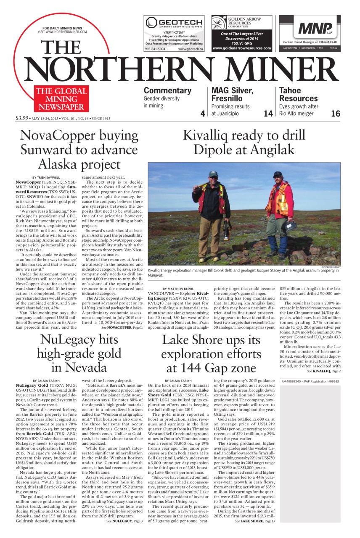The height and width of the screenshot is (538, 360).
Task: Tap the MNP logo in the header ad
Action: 315,28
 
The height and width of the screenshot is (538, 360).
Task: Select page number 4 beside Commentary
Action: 202,113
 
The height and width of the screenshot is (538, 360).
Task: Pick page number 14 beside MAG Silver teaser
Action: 268,113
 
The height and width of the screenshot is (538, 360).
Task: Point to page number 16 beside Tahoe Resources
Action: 335,113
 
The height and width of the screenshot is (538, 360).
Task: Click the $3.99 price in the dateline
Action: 22,118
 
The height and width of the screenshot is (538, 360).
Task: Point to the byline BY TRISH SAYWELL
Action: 47,177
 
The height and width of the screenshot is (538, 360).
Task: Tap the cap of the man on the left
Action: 213,174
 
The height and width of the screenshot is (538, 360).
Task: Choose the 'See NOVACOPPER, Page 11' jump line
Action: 119,327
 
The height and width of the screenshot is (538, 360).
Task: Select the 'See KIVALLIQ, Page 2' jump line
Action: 323,371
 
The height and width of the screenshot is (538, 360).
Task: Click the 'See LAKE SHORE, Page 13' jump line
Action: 254,521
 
